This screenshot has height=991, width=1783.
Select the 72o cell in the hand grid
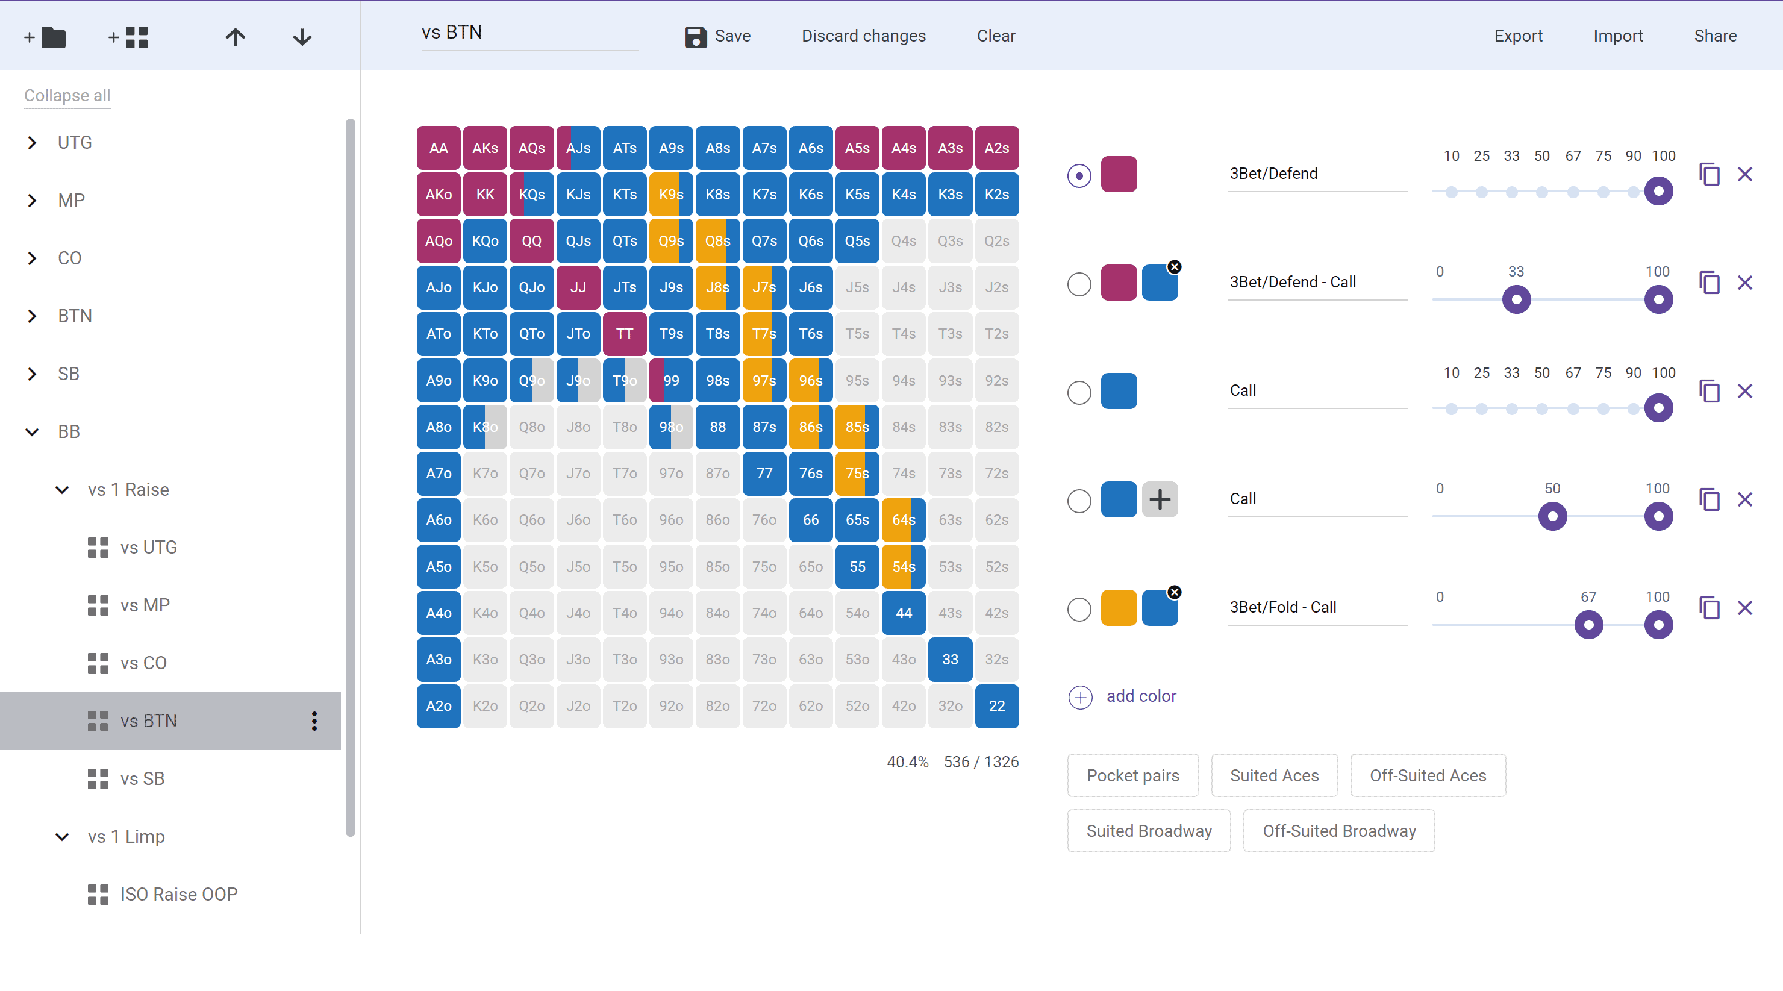[764, 706]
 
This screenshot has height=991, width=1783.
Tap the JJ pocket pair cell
[578, 287]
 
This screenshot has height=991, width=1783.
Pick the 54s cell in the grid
[904, 567]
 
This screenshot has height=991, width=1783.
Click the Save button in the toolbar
[718, 36]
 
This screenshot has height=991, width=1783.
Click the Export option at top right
[1518, 36]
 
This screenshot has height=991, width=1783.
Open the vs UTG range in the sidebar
[148, 548]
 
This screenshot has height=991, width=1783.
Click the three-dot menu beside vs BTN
[314, 721]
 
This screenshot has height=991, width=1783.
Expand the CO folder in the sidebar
[33, 258]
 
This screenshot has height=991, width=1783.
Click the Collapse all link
[67, 96]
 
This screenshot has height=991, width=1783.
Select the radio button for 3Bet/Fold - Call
[1079, 610]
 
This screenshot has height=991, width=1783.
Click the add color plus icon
[1081, 697]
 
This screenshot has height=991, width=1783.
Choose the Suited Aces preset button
[1273, 776]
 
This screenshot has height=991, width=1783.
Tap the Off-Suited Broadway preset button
[1338, 831]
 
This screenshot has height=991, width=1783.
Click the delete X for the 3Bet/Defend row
[1745, 174]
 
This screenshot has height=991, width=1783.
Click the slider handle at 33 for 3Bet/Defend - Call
[1516, 299]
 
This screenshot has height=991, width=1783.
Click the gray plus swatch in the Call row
[1160, 499]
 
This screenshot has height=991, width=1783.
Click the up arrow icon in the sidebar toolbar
[236, 37]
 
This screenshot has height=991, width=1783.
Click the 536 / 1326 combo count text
[981, 762]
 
